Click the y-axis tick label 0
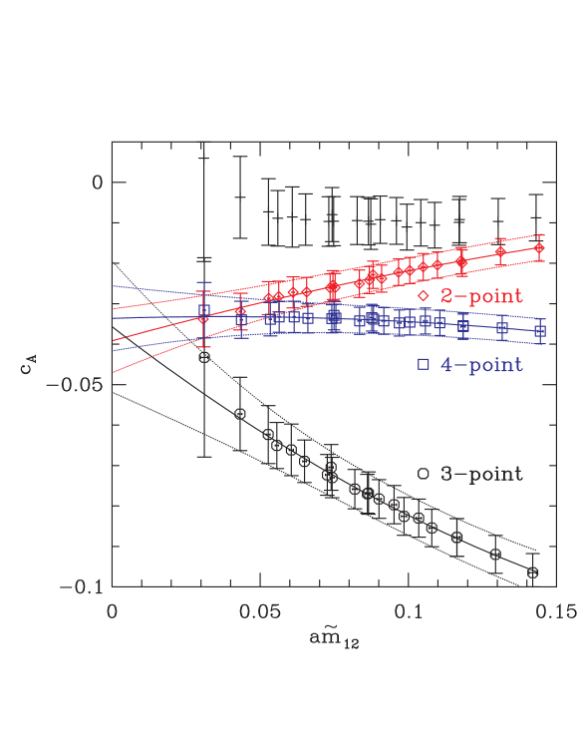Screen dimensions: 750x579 tap(97, 183)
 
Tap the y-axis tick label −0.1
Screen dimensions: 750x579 tap(82, 586)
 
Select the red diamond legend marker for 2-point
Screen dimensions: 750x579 tap(423, 296)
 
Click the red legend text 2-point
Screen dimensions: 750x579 tap(482, 296)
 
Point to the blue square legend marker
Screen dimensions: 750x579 tap(423, 365)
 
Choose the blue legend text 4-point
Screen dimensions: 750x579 tap(482, 365)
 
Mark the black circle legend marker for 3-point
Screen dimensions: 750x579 tap(423, 474)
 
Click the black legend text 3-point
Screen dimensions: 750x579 tap(482, 474)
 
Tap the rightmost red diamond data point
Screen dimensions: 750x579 tap(540, 247)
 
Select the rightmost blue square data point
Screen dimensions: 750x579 tap(540, 331)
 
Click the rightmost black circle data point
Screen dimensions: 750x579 tap(533, 572)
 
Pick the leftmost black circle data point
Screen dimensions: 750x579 tap(204, 357)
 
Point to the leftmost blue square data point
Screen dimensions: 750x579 tap(204, 310)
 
